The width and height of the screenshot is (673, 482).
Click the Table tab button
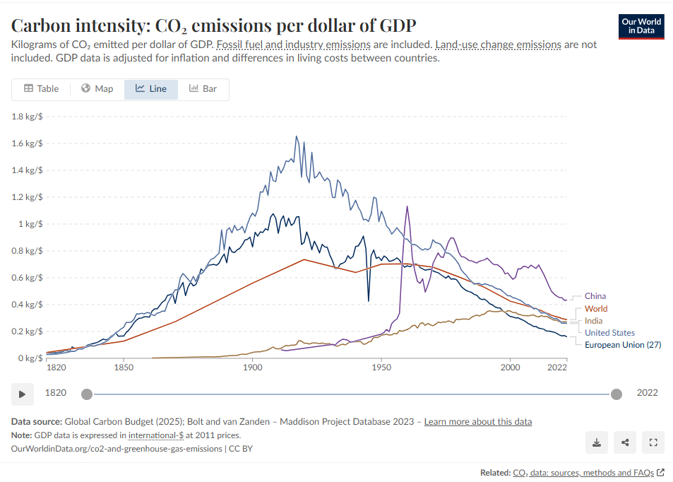[x=41, y=89]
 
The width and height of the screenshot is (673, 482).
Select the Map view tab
[x=97, y=89]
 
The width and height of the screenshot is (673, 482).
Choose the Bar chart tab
[x=203, y=89]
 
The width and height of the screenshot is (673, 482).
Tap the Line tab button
[x=151, y=89]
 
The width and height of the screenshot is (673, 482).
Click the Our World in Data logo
[x=641, y=26]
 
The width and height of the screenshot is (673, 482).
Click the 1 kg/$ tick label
[x=30, y=224]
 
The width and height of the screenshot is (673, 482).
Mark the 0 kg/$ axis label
[x=30, y=358]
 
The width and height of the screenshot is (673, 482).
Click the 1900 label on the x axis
[x=253, y=368]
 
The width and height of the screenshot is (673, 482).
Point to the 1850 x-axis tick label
[x=124, y=368]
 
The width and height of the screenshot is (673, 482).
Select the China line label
[x=595, y=296]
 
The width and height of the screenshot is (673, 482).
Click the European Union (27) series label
[x=622, y=345]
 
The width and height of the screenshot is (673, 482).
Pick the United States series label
[x=609, y=333]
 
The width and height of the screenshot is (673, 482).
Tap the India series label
[x=593, y=321]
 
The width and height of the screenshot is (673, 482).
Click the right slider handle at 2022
[x=617, y=394]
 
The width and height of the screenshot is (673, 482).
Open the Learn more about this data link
[x=478, y=422]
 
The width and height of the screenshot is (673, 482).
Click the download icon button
[x=597, y=443]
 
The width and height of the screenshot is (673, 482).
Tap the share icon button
[x=625, y=443]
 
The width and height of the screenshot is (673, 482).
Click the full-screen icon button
[x=653, y=443]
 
